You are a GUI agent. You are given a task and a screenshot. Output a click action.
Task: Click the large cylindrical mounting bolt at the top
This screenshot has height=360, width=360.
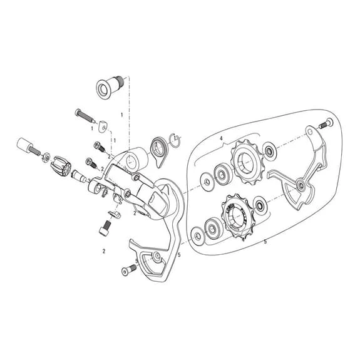110,87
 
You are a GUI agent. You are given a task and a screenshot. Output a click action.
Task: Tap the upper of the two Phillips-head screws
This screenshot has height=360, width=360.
99,146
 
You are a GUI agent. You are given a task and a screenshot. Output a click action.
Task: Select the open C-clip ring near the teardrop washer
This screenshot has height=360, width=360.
177,139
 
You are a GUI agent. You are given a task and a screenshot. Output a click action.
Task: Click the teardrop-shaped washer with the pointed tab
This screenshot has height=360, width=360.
159,151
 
